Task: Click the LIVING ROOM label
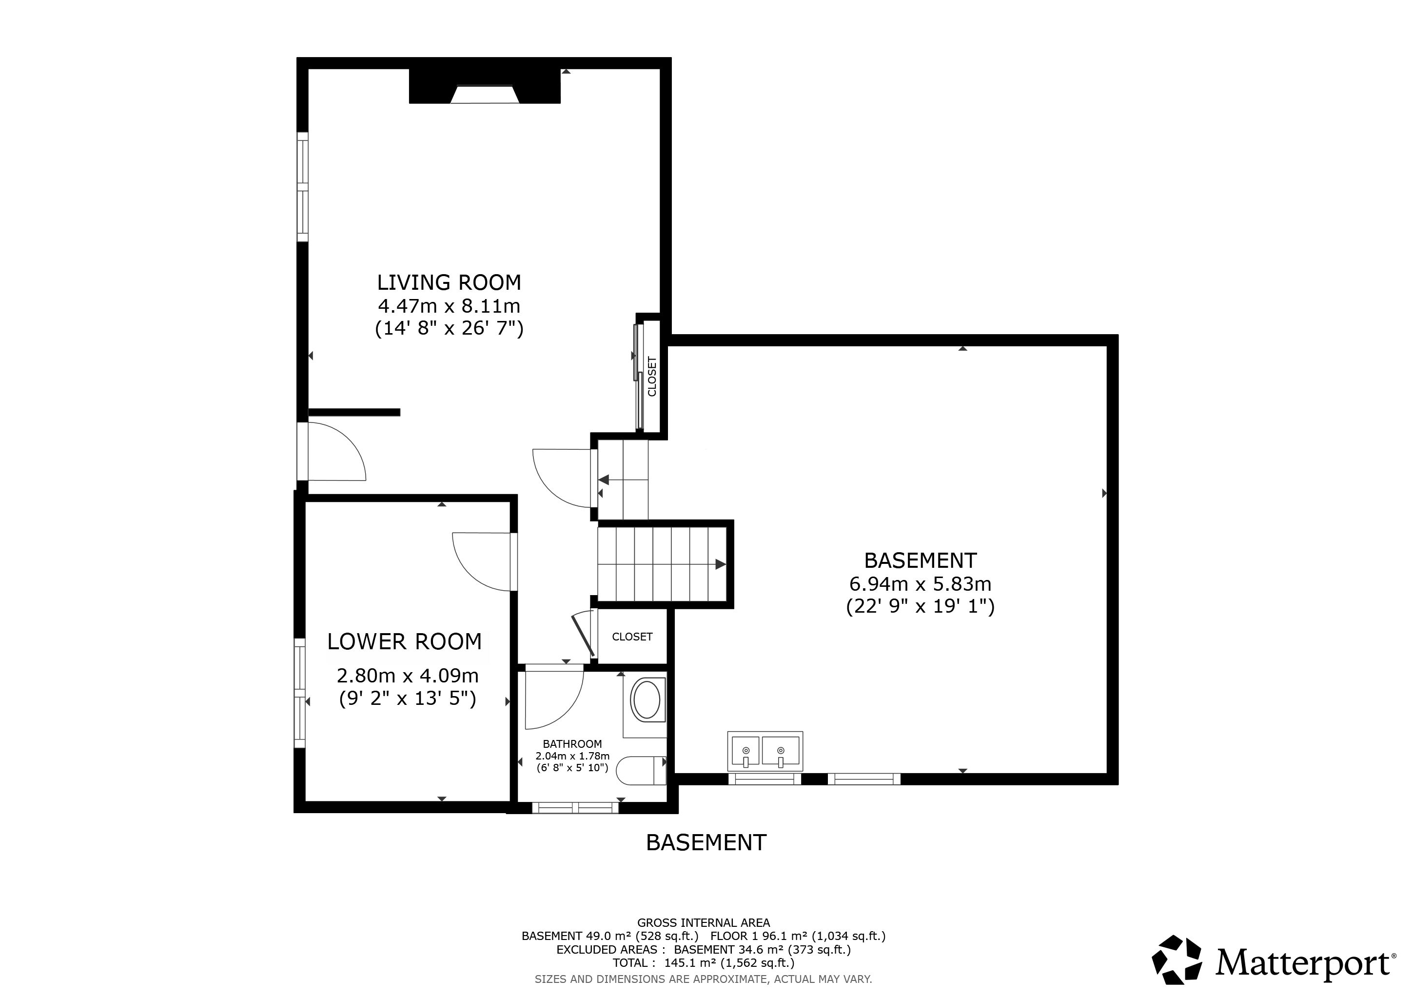pyautogui.click(x=449, y=283)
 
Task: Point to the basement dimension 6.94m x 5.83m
pyautogui.click(x=920, y=583)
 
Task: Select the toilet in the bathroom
pyautogui.click(x=641, y=770)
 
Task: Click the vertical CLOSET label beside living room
pyautogui.click(x=652, y=377)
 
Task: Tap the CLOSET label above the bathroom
pyautogui.click(x=632, y=637)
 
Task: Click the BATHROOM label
pyautogui.click(x=572, y=744)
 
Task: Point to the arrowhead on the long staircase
pyautogui.click(x=721, y=564)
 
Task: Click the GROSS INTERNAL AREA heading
pyautogui.click(x=704, y=923)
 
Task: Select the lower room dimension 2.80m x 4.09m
pyautogui.click(x=407, y=676)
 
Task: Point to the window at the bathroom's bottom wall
pyautogui.click(x=575, y=808)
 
